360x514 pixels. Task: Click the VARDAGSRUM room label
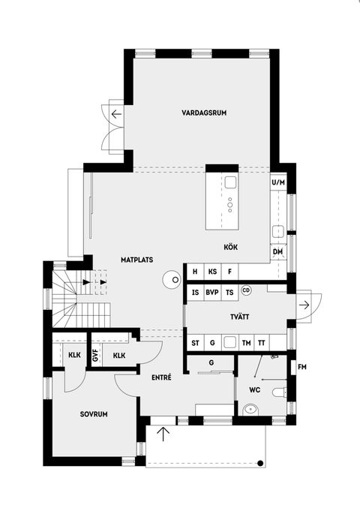coord(204,113)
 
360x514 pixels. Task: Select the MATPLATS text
coord(137,260)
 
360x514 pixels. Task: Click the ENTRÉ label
coord(161,377)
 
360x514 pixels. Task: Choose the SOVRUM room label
coord(95,413)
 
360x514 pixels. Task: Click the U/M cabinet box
coord(278,182)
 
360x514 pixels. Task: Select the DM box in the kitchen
coord(277,251)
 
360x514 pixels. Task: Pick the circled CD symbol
coord(246,290)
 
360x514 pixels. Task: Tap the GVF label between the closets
coord(96,356)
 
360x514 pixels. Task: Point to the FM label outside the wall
coord(302,367)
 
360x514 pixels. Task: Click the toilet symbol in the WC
coord(278,392)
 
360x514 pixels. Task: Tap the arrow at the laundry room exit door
coord(304,304)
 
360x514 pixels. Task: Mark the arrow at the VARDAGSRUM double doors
coord(116,115)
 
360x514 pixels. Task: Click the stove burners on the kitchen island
coord(231,201)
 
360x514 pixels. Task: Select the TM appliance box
coord(245,343)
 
